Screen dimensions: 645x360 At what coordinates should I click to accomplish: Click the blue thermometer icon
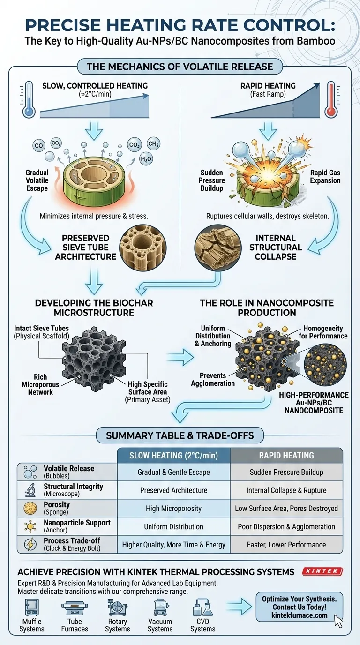click(29, 99)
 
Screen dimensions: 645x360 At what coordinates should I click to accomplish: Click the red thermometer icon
click(331, 99)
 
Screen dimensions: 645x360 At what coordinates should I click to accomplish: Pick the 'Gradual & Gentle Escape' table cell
click(173, 472)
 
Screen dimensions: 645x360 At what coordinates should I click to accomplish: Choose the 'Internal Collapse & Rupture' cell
click(286, 490)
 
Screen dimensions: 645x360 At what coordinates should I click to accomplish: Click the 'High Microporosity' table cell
click(173, 509)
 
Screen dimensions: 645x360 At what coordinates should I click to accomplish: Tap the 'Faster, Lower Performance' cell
click(286, 545)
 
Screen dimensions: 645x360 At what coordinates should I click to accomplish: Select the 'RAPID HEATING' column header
click(286, 455)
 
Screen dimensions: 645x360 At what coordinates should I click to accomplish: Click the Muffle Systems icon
click(32, 608)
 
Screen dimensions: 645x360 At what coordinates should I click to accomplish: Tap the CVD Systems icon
click(202, 608)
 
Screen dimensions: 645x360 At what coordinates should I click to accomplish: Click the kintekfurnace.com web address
click(299, 615)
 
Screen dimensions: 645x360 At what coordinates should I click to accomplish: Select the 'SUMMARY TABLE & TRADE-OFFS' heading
click(180, 435)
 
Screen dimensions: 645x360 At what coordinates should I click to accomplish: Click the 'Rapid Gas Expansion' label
click(324, 177)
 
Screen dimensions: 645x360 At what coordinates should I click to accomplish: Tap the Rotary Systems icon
click(117, 608)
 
